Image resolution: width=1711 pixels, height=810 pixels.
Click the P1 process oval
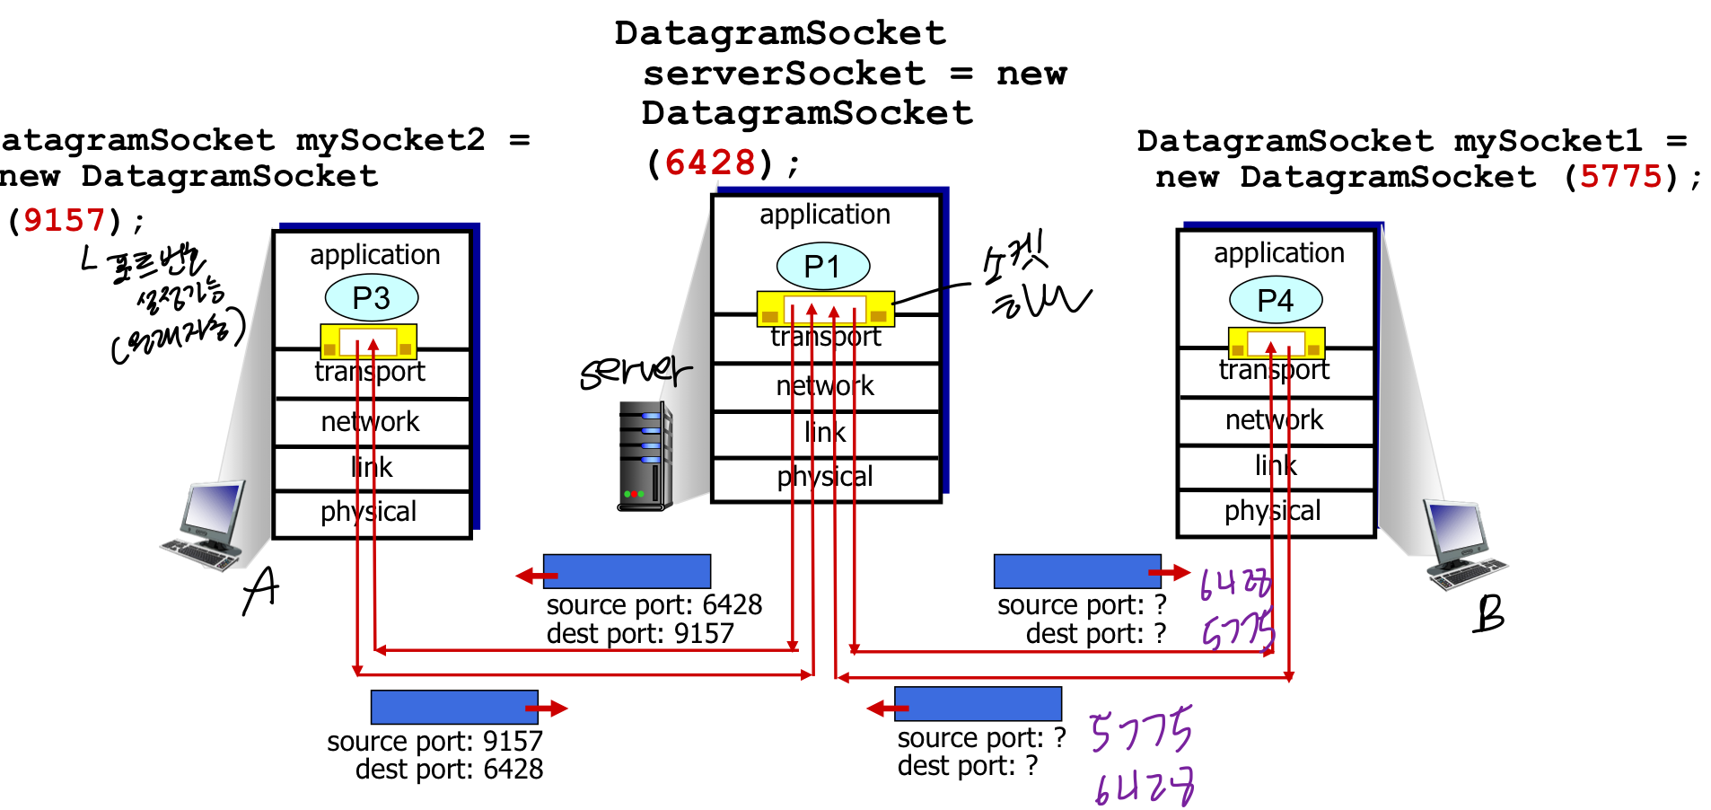click(822, 267)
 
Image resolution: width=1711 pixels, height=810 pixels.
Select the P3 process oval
click(371, 298)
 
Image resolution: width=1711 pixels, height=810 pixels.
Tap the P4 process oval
click(1275, 300)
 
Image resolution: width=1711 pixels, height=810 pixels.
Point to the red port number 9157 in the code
click(64, 220)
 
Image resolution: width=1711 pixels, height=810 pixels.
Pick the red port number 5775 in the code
click(1620, 176)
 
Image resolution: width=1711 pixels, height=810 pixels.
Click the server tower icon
click(645, 457)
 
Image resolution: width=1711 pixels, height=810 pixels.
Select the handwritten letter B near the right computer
click(1488, 614)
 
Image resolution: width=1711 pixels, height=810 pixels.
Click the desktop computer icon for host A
click(206, 525)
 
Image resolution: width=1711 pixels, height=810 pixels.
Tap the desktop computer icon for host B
click(1463, 544)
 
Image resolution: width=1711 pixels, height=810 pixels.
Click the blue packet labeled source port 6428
click(627, 571)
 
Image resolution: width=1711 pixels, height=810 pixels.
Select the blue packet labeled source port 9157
click(454, 707)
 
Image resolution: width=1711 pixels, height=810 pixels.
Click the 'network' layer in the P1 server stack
click(824, 386)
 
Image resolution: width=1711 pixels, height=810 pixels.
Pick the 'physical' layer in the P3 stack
click(370, 512)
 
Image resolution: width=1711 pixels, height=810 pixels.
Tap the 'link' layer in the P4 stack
click(1275, 465)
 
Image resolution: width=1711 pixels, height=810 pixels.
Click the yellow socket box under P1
click(824, 308)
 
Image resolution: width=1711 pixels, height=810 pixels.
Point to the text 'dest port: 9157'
click(639, 634)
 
